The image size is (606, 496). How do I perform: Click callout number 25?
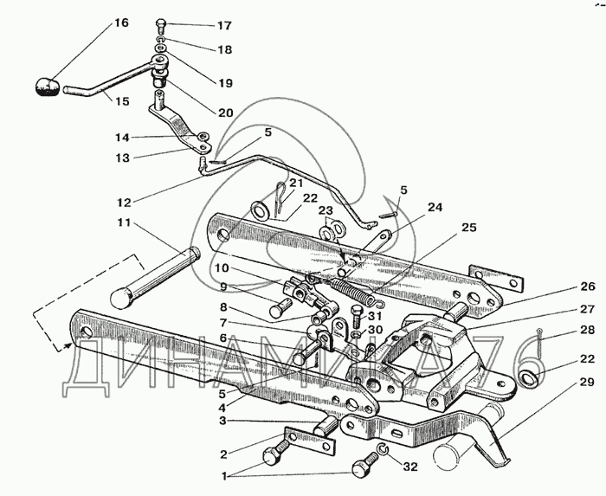467,228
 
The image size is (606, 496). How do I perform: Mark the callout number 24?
434,207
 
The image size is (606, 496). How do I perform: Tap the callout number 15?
122,101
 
